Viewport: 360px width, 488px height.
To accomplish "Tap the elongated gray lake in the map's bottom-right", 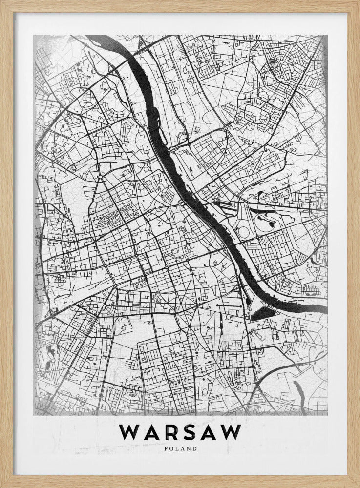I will pos(298,390).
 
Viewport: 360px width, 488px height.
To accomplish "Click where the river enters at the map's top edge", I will pos(105,38).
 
